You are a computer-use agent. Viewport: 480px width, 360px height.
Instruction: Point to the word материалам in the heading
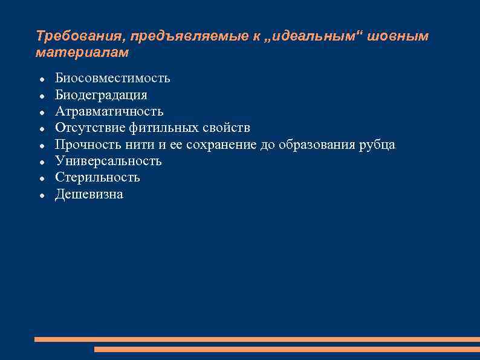(x=82, y=53)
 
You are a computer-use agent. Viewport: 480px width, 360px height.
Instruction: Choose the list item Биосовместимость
(x=112, y=78)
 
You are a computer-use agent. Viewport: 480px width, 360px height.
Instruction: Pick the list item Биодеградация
(x=101, y=95)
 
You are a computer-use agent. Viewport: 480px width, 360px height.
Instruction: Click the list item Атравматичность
(x=109, y=111)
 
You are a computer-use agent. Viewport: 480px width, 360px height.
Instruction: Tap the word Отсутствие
(x=88, y=128)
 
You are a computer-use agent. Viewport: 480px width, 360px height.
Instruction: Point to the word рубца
(x=378, y=145)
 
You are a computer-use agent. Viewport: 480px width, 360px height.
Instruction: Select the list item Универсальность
(x=108, y=161)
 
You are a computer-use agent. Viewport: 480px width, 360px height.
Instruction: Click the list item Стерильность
(x=97, y=177)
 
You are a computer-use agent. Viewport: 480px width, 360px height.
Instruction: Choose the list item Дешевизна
(x=89, y=194)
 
